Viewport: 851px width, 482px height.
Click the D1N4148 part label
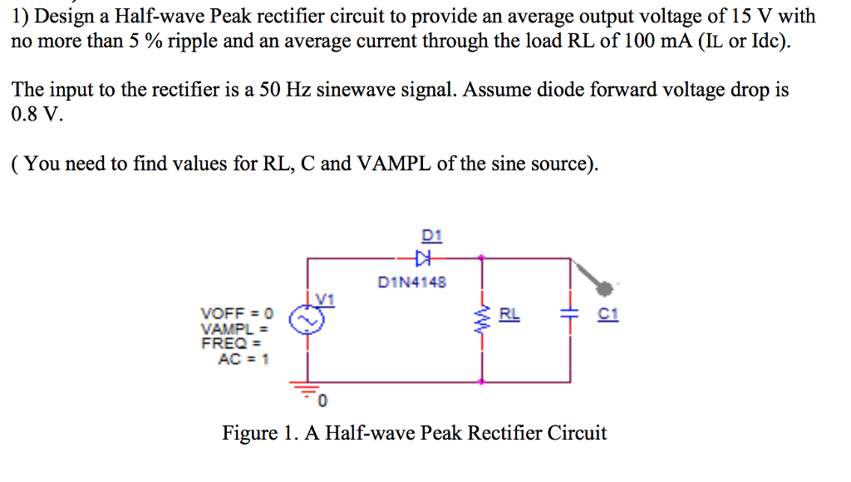(x=411, y=283)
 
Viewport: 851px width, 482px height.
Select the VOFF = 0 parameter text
(x=237, y=313)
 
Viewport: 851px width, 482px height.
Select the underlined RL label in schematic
(x=509, y=313)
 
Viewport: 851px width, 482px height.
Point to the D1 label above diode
(x=431, y=236)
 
